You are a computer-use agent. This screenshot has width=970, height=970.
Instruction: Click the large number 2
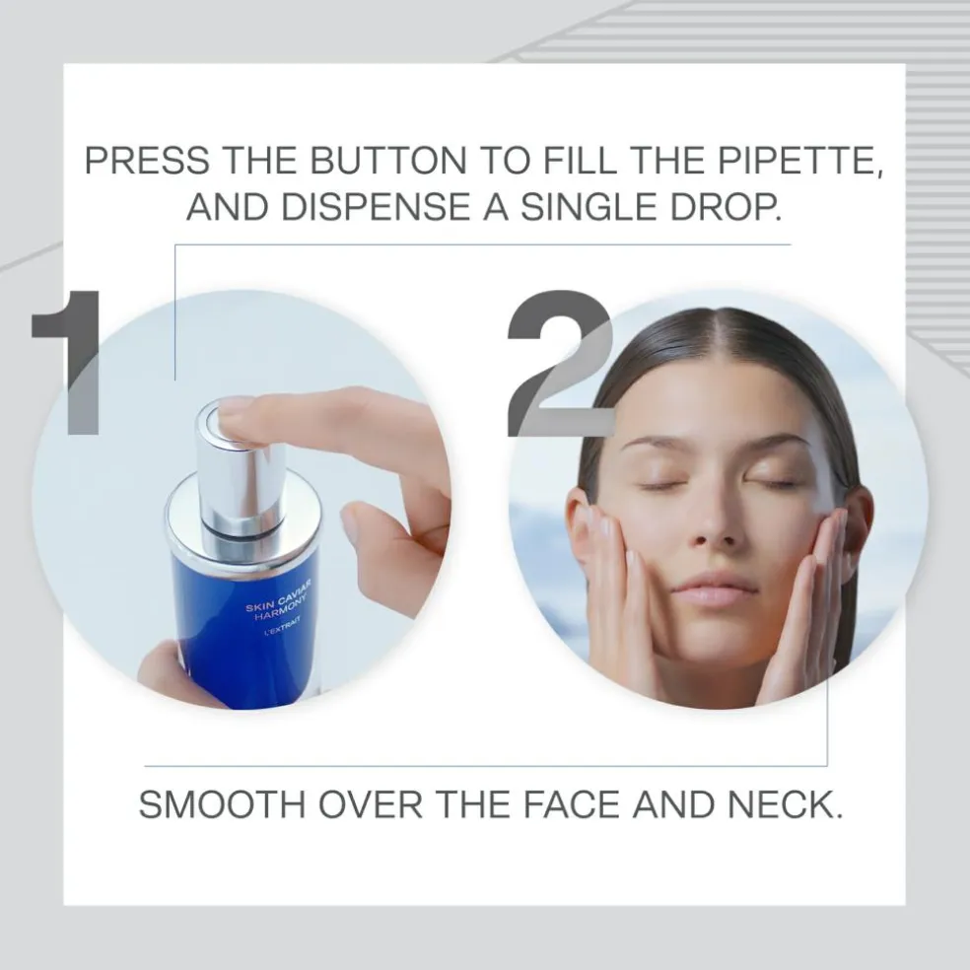coord(560,363)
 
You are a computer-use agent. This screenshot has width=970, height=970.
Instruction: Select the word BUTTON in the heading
coord(388,161)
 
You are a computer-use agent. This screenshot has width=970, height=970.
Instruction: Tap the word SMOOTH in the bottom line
coord(222,804)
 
